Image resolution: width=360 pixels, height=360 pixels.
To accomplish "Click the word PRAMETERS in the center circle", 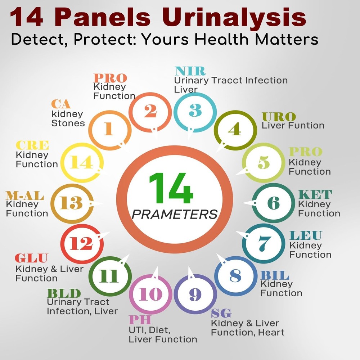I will tap(175, 215).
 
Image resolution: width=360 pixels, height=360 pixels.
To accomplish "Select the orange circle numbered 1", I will tap(108, 129).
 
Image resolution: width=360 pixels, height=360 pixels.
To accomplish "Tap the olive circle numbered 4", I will tap(234, 129).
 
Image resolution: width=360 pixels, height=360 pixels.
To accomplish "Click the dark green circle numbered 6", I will tap(273, 203).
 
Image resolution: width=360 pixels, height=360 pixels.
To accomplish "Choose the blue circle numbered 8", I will tap(235, 276).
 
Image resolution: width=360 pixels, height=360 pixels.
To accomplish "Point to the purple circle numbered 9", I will tap(195, 294).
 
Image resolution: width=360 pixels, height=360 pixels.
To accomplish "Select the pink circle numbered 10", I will tap(150, 294).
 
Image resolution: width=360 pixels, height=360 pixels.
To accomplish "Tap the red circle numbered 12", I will tap(81, 244).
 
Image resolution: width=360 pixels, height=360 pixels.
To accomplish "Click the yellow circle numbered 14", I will tap(81, 163).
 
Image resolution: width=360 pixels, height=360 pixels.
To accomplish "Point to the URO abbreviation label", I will tap(279, 117).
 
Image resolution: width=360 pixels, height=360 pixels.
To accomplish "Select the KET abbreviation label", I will tap(315, 195).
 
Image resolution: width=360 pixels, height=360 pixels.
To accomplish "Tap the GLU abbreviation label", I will tap(31, 258).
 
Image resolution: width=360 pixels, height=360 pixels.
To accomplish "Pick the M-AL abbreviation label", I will tap(25, 196).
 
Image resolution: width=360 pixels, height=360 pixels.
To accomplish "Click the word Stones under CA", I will tap(68, 123).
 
